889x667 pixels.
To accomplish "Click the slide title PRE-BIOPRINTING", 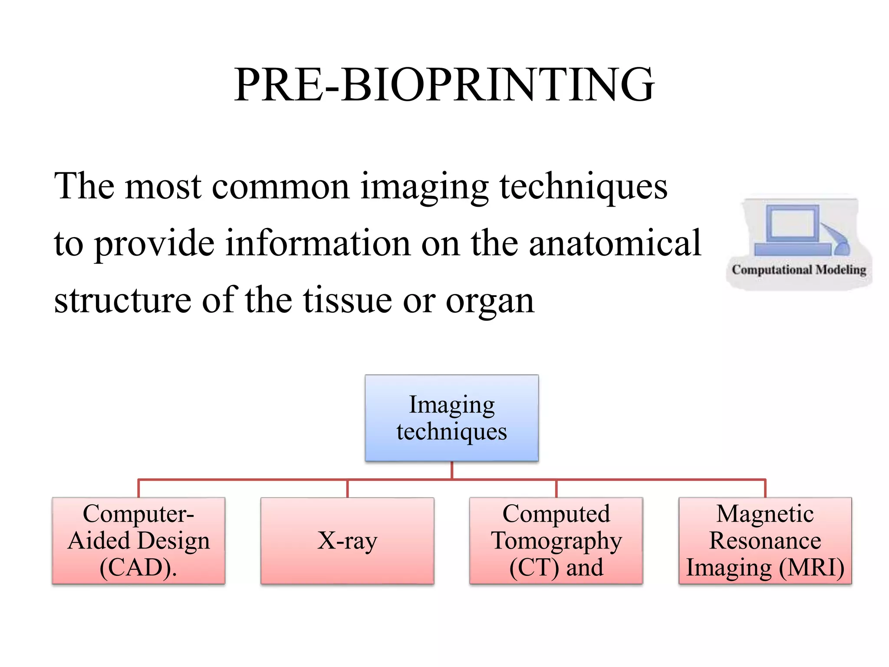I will click(444, 85).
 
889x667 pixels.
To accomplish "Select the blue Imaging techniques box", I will click(451, 418).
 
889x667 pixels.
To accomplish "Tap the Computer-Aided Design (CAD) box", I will click(138, 540).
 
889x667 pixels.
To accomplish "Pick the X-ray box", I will click(347, 541).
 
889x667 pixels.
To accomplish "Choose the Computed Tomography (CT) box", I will click(556, 540).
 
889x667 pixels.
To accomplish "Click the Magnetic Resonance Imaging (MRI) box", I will click(765, 540).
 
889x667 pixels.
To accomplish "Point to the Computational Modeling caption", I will click(799, 270).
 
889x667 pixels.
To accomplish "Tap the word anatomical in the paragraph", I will click(615, 243).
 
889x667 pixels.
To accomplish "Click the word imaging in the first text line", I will click(425, 187).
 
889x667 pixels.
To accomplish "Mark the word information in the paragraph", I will click(318, 243).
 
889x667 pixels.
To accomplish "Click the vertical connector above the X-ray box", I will click(347, 489).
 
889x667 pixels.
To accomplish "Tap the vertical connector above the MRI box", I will click(765, 489).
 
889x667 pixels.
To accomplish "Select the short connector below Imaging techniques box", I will click(452, 470).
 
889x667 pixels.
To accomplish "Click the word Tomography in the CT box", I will click(556, 541).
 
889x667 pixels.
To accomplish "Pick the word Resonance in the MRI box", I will click(765, 541).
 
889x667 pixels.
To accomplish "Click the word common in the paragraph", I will click(280, 187).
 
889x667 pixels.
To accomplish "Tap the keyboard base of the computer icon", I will click(792, 249).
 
